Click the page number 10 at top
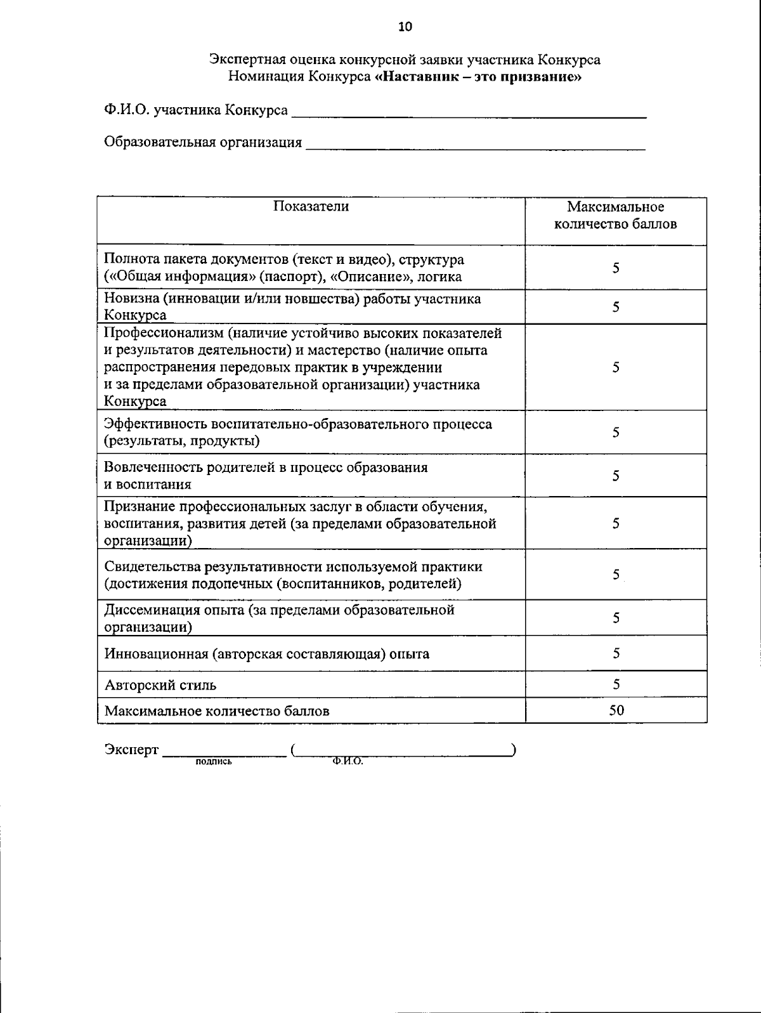(x=405, y=26)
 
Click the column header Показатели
(x=311, y=206)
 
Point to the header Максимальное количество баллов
(x=615, y=215)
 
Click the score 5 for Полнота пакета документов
(x=616, y=268)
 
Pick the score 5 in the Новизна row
(x=616, y=307)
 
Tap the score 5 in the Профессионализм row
(x=616, y=367)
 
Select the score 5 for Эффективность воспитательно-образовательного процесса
(x=616, y=432)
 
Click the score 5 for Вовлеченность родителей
(x=616, y=476)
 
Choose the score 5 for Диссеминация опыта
(x=616, y=618)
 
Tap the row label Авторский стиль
(x=160, y=685)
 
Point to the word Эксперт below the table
(x=131, y=750)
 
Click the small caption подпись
(x=214, y=762)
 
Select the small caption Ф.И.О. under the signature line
(x=347, y=762)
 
